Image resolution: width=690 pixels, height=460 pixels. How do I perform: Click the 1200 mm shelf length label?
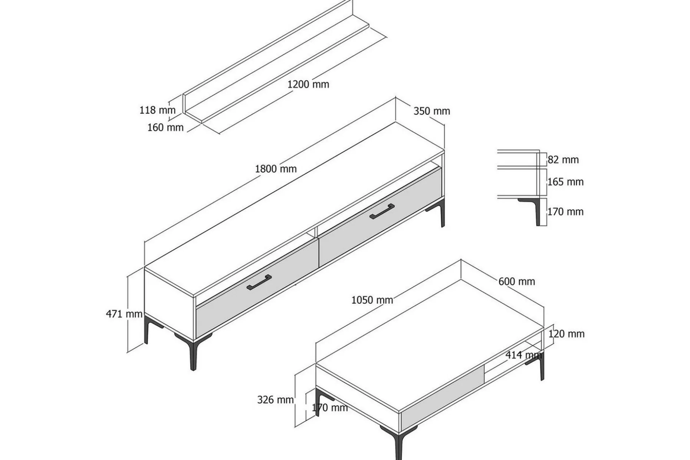coord(308,84)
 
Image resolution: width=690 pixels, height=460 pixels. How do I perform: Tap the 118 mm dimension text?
coord(157,110)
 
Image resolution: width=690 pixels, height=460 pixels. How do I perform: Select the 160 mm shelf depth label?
coord(165,127)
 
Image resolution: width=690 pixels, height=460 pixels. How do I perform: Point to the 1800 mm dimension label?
coord(276,169)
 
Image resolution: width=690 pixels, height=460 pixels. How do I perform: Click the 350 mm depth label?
coord(432,111)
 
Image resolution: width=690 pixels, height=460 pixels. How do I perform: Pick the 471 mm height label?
coord(124,314)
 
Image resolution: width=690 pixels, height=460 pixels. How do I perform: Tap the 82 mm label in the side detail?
coord(563,160)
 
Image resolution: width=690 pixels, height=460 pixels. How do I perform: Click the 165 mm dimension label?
coord(565,182)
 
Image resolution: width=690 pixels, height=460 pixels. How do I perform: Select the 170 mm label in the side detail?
coord(565,211)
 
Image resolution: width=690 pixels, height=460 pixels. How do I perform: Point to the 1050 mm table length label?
coord(372,300)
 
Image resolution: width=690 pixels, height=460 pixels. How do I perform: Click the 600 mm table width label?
coord(517,282)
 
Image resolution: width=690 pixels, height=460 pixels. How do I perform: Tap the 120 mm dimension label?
coord(566,334)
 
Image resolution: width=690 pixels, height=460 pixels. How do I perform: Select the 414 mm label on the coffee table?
coord(523,355)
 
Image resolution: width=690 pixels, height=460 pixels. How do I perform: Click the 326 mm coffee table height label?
coord(276,400)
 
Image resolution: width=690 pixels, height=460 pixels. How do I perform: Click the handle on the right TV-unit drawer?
coord(382,211)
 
